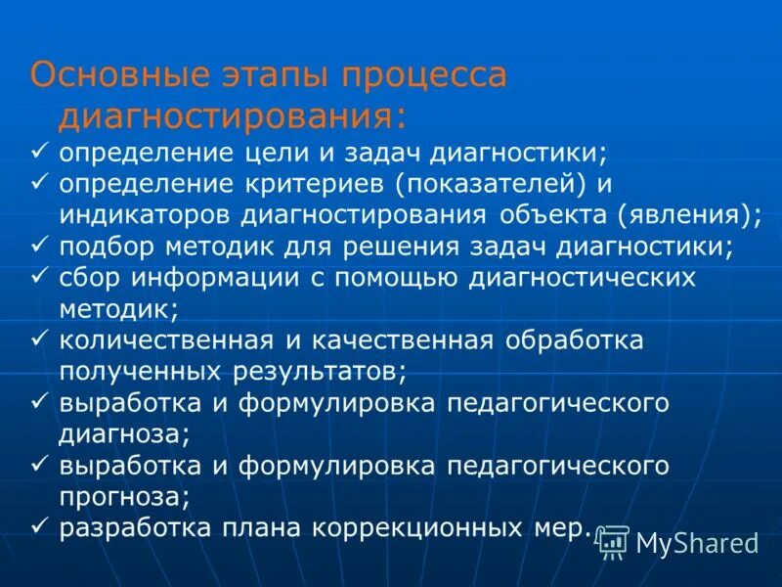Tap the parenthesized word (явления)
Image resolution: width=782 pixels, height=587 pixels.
pyautogui.click(x=702, y=215)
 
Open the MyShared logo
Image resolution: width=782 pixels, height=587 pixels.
pyautogui.click(x=678, y=542)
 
